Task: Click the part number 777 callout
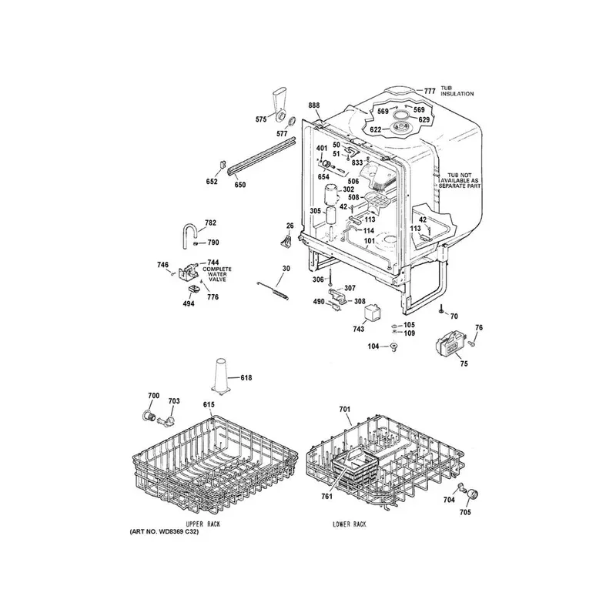pos(430,91)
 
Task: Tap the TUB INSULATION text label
pos(457,91)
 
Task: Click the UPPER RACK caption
pos(203,524)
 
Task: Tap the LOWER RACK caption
pos(350,524)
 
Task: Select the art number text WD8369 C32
pos(164,532)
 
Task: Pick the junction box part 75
pos(451,342)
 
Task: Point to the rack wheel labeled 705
pos(472,494)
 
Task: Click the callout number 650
pos(240,185)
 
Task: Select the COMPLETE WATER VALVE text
pos(217,274)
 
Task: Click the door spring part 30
pos(273,290)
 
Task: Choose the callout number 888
pos(314,105)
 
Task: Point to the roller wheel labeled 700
pos(147,416)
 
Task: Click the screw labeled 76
pos(474,343)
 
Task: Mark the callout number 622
pos(375,129)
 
